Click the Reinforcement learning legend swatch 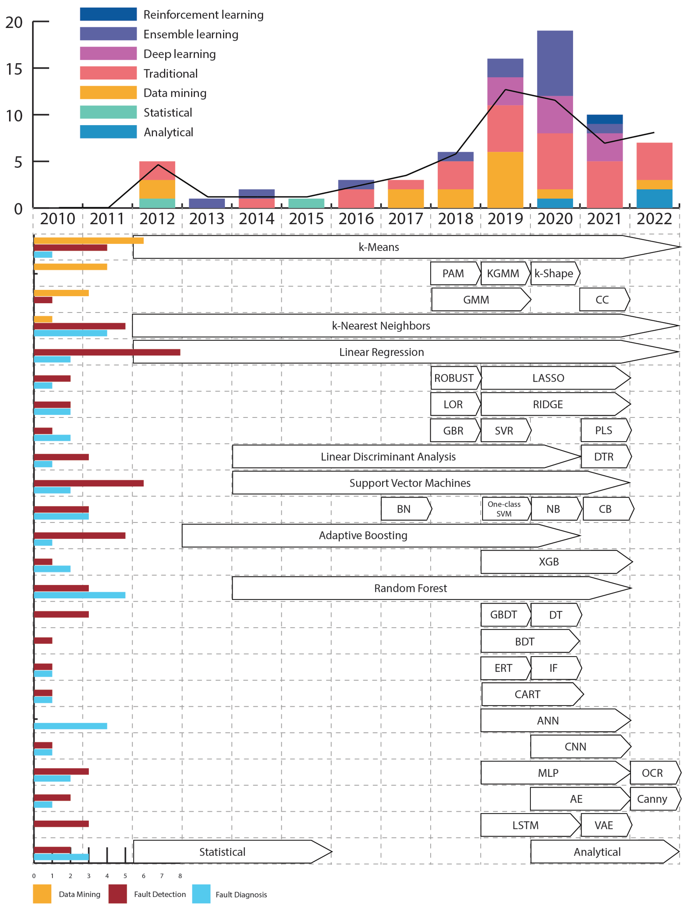(x=108, y=14)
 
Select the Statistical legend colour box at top (x=108, y=112)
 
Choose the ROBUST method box (x=454, y=378)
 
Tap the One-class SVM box (x=504, y=509)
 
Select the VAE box (x=604, y=825)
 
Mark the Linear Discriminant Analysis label (x=388, y=457)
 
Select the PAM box (x=453, y=273)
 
